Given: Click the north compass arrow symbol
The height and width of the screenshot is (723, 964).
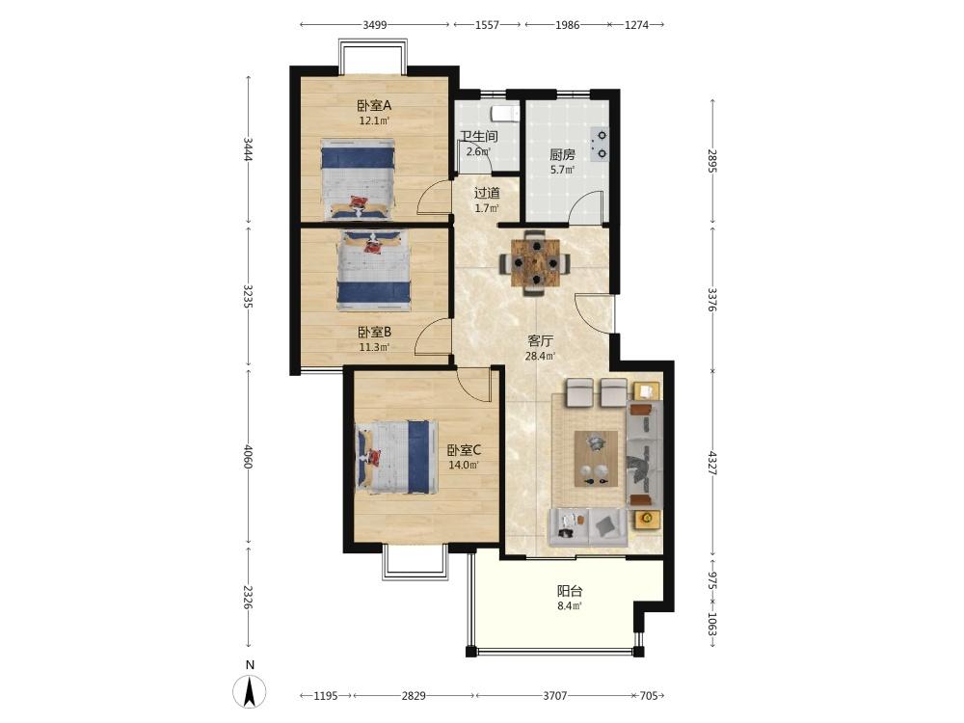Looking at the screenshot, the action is (x=250, y=691).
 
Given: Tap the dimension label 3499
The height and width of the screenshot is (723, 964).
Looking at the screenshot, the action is (x=374, y=25).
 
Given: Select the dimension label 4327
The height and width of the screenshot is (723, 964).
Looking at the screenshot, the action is (x=712, y=463).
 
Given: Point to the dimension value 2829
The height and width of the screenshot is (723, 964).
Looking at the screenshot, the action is (x=414, y=696).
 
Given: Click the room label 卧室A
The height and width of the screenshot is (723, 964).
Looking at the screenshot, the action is (x=374, y=105).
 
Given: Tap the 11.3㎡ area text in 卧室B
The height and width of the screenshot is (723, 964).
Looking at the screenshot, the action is (x=374, y=347).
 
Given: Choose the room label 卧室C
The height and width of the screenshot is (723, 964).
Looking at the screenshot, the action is (x=465, y=450).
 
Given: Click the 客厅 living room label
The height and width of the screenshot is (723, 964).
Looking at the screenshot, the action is (x=541, y=340).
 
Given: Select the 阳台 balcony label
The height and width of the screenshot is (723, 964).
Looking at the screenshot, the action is (x=570, y=592).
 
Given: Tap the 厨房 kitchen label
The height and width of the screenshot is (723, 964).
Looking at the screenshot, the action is (x=563, y=154).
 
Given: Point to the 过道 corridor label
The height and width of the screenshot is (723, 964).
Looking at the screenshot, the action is (x=487, y=193).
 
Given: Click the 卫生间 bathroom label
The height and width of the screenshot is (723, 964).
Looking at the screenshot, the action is (x=479, y=137).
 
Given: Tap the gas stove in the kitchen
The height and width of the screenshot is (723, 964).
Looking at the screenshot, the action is (x=599, y=145).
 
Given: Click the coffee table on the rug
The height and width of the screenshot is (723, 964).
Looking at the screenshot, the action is (x=597, y=459).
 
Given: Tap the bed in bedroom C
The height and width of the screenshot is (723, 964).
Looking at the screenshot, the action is (x=395, y=457).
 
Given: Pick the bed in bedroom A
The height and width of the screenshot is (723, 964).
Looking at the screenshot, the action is (x=358, y=179).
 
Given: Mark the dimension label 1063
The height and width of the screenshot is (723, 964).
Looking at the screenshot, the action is (x=712, y=624).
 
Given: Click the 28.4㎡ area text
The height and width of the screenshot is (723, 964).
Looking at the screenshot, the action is (x=541, y=356).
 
